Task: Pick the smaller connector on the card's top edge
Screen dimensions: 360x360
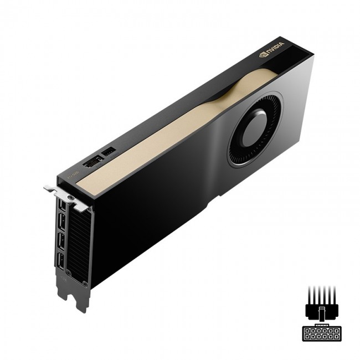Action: point(109,151)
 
